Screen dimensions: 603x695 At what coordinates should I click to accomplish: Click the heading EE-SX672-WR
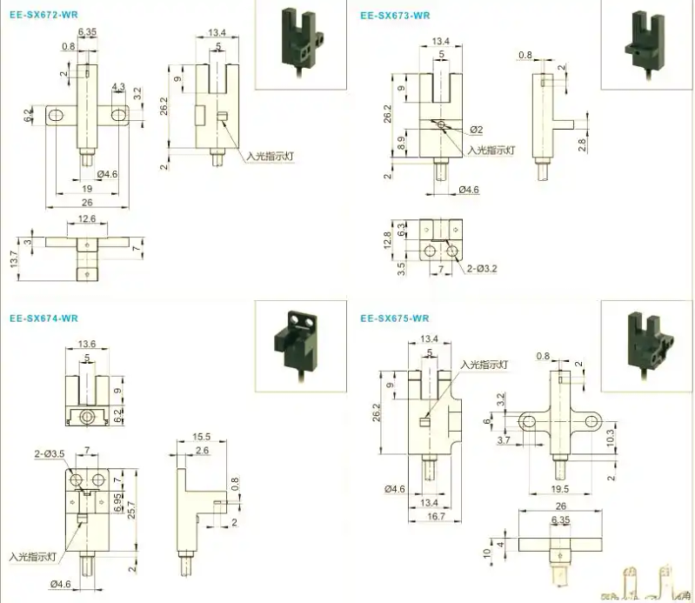coord(43,15)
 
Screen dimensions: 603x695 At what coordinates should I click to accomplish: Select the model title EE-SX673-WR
coord(395,15)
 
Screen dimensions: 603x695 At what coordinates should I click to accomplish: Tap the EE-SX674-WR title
coord(43,318)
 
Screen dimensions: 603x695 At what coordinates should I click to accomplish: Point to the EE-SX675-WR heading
coord(395,318)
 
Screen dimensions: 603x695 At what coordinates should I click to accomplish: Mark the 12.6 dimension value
coord(87,219)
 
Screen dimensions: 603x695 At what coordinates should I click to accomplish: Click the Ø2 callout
coord(476,130)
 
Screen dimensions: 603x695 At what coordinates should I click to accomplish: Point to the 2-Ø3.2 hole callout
coord(481,269)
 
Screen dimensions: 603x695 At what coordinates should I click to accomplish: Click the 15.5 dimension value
coord(202,437)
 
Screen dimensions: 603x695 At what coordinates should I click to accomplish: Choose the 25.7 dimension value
coord(132,509)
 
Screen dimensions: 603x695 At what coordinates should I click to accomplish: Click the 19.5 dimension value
coord(560,490)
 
